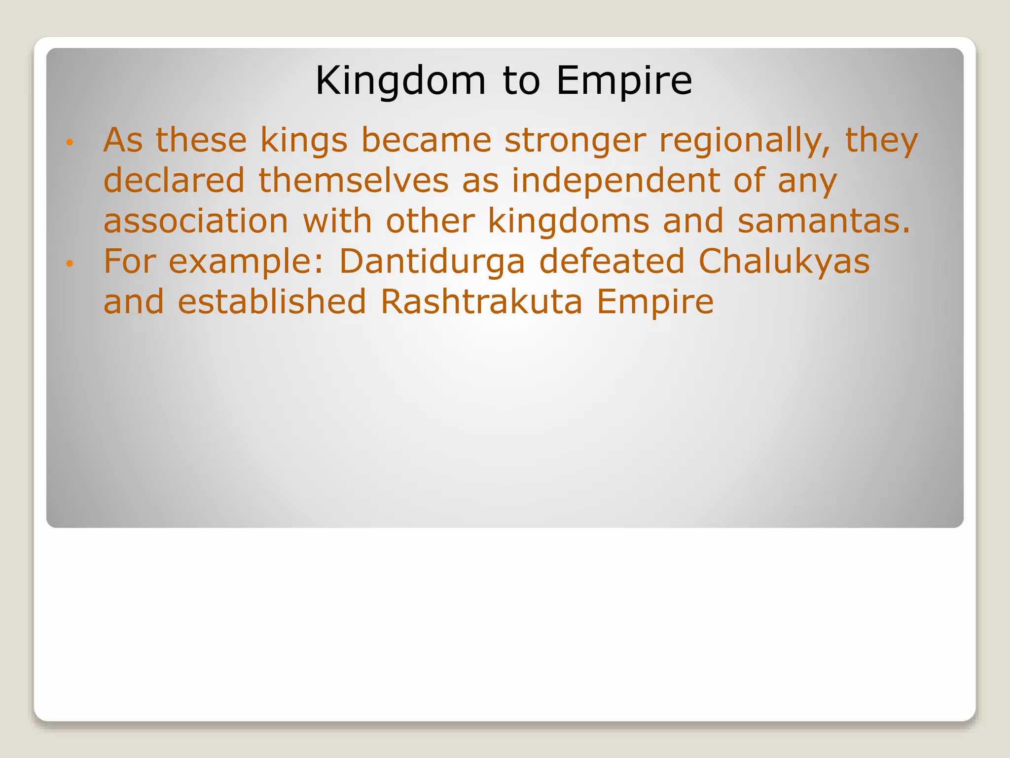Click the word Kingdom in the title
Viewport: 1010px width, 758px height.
400,80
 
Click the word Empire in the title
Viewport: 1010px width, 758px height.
624,80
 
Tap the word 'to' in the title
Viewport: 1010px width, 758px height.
521,80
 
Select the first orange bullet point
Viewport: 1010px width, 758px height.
70,143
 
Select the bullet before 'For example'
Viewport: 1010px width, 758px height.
70,264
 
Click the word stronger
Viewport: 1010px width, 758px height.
575,141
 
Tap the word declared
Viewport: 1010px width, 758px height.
174,181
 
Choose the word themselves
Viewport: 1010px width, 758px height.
354,181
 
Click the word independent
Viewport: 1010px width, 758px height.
615,181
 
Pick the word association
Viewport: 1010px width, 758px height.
196,221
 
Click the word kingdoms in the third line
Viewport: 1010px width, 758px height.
568,221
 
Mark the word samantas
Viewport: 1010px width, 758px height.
823,221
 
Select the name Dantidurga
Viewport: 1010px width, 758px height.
432,262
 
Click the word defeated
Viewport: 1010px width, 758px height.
612,262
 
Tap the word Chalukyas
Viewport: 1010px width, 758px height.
784,262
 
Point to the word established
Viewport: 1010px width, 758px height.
272,302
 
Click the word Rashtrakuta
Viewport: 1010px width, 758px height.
481,302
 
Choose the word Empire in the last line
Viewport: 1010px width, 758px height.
654,302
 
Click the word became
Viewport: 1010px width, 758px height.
426,141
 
